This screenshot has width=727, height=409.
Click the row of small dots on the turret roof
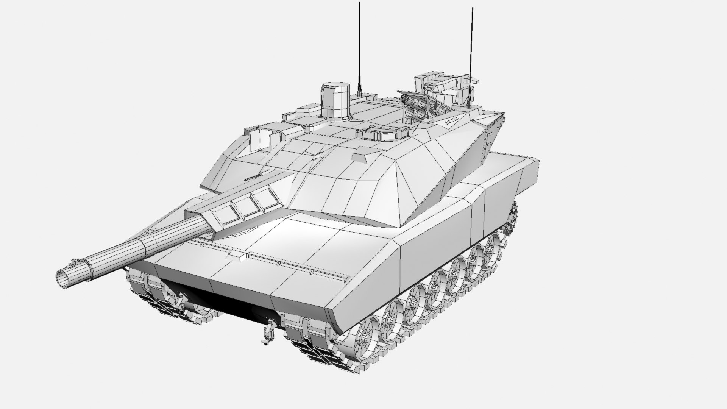[452, 120]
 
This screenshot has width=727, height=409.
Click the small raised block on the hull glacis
[239, 256]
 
